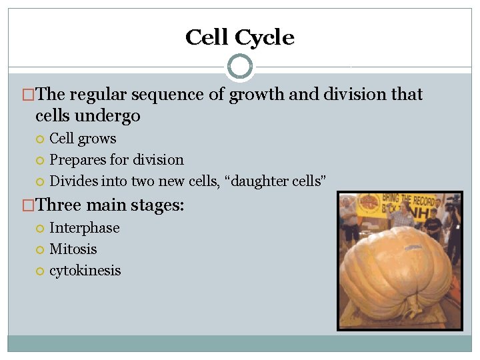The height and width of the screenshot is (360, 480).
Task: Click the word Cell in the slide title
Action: (x=208, y=37)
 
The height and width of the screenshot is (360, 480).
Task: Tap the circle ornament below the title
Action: (x=240, y=67)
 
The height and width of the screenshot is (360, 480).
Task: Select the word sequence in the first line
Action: (x=172, y=95)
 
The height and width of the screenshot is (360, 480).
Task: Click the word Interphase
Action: (x=85, y=228)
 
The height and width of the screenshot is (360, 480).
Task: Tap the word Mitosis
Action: (x=73, y=249)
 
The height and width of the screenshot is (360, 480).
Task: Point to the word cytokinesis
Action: (x=85, y=271)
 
